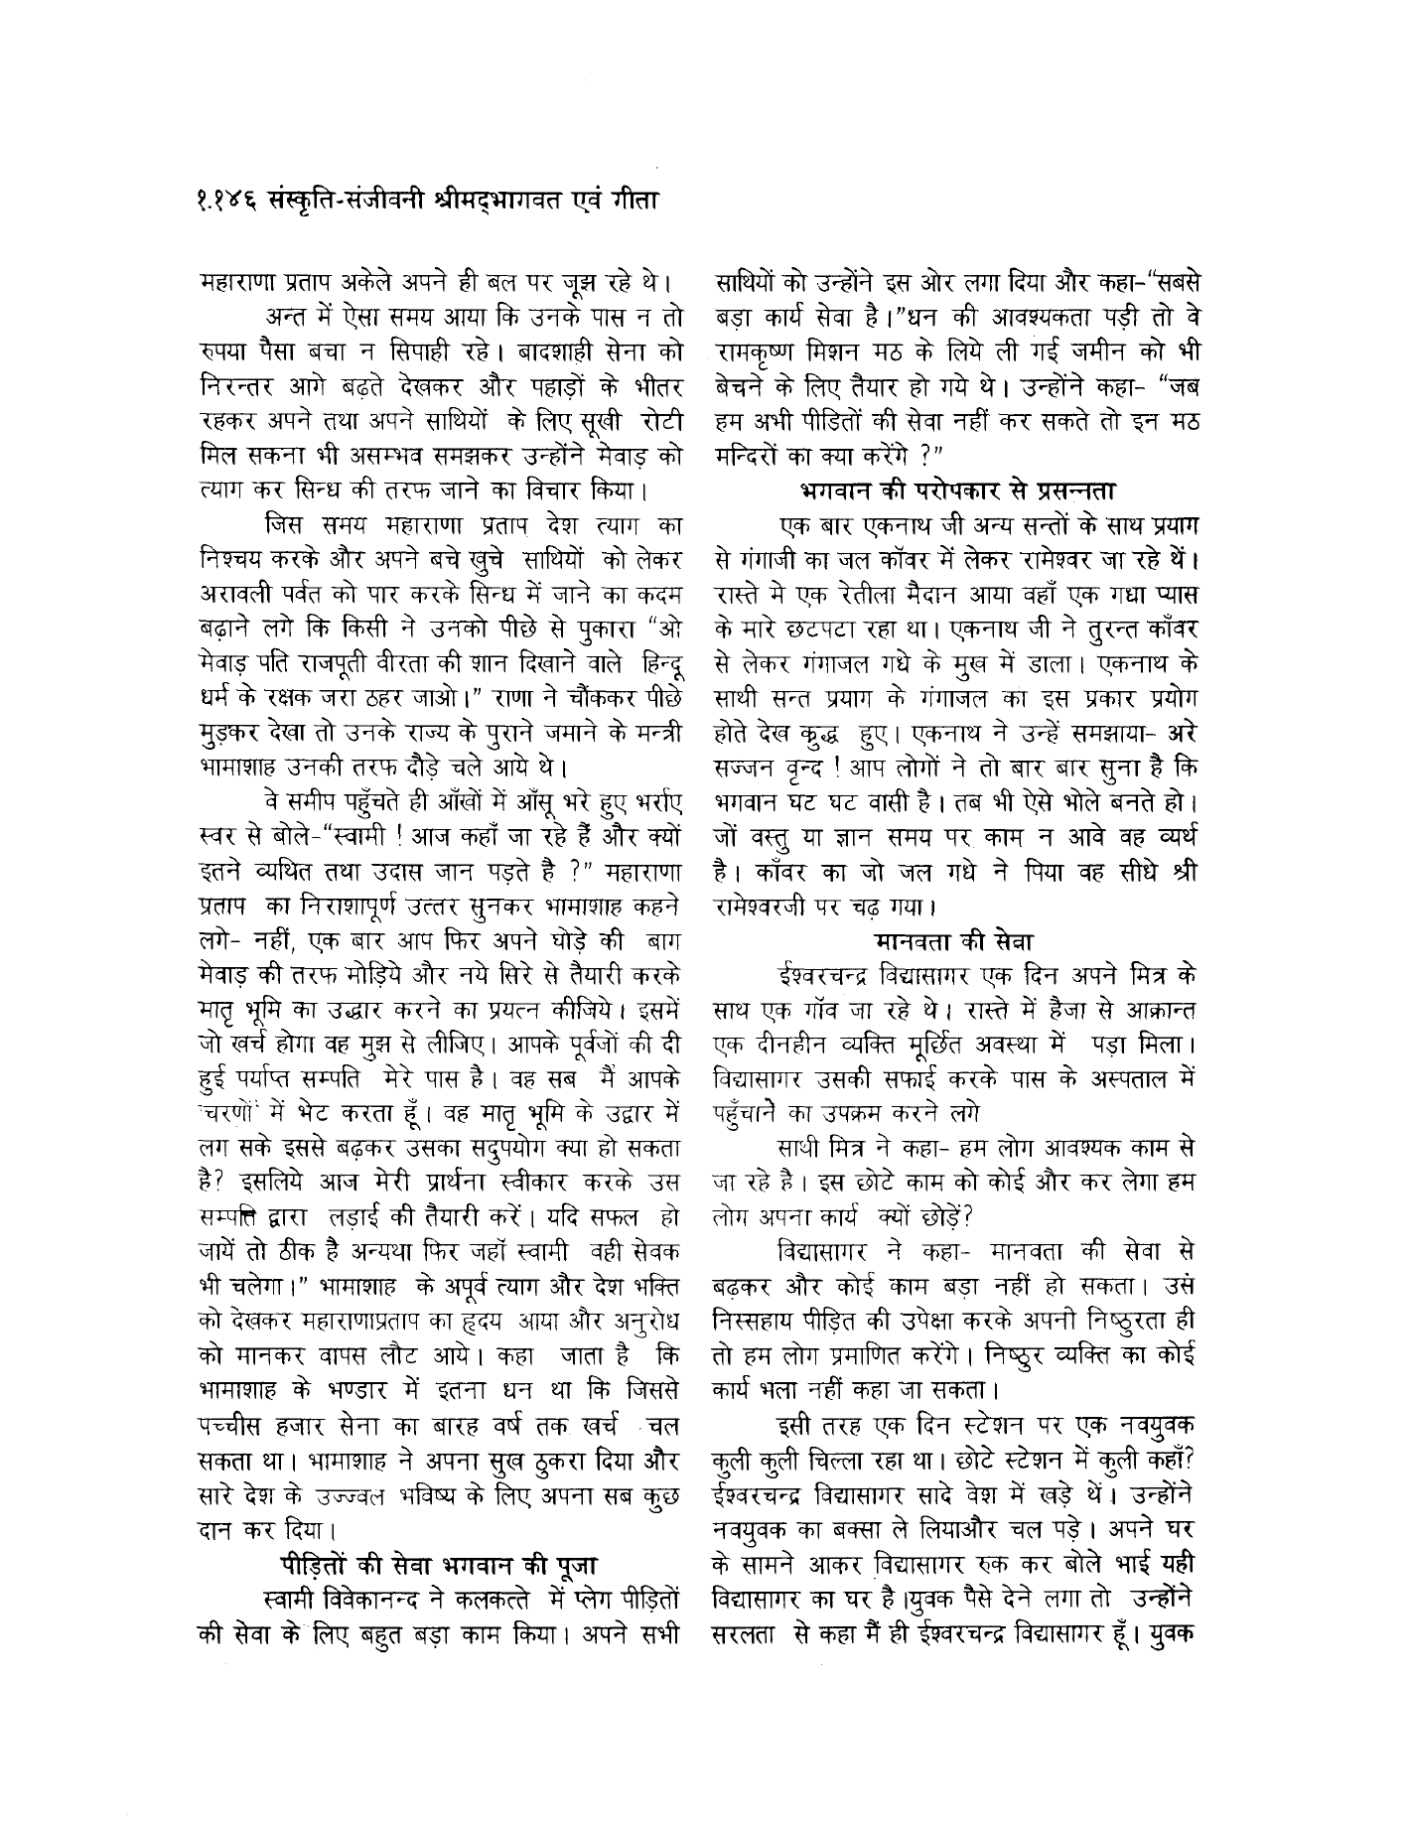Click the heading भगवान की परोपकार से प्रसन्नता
coord(958,490)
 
